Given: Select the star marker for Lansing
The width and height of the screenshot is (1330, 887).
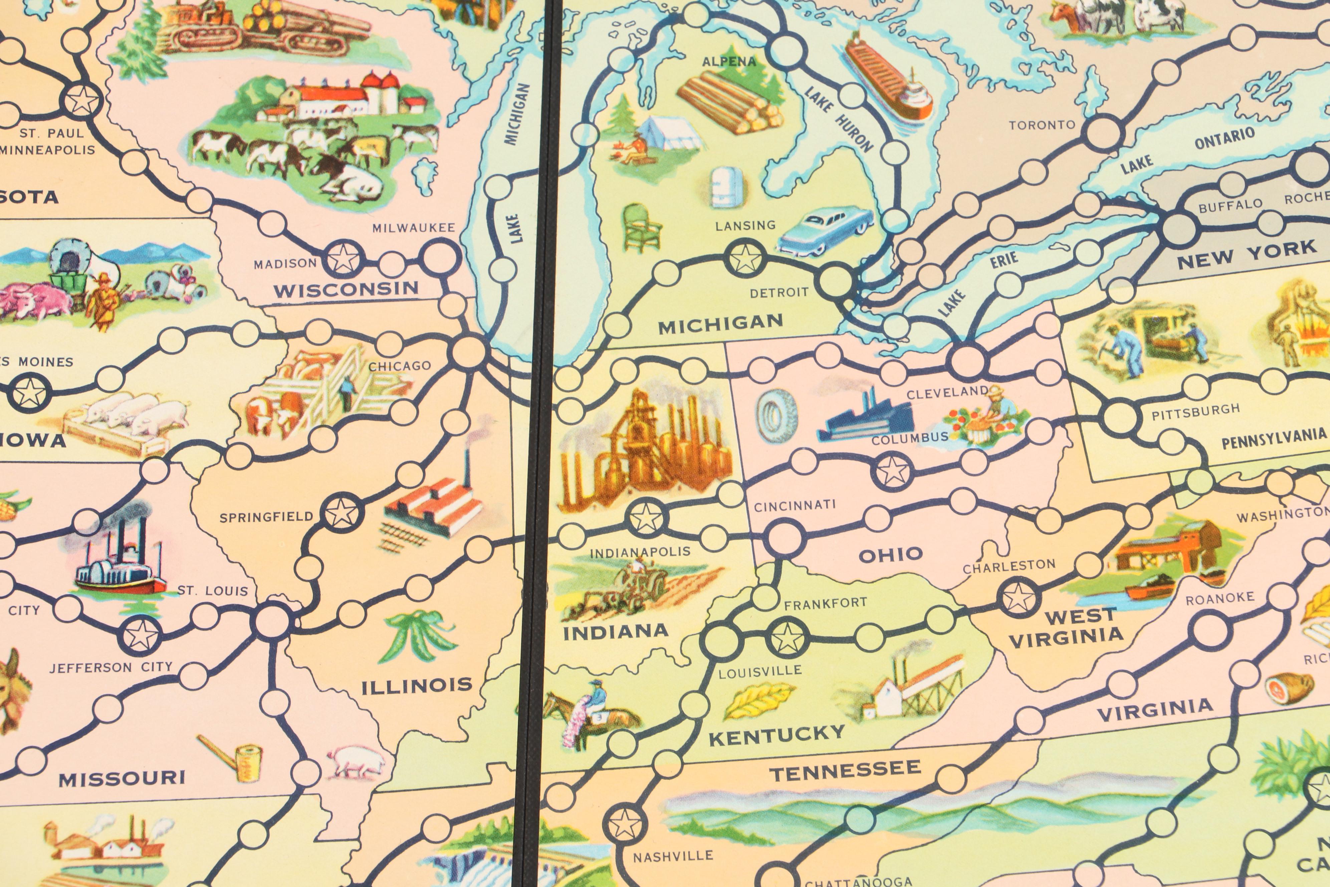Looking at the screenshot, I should tap(745, 258).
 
